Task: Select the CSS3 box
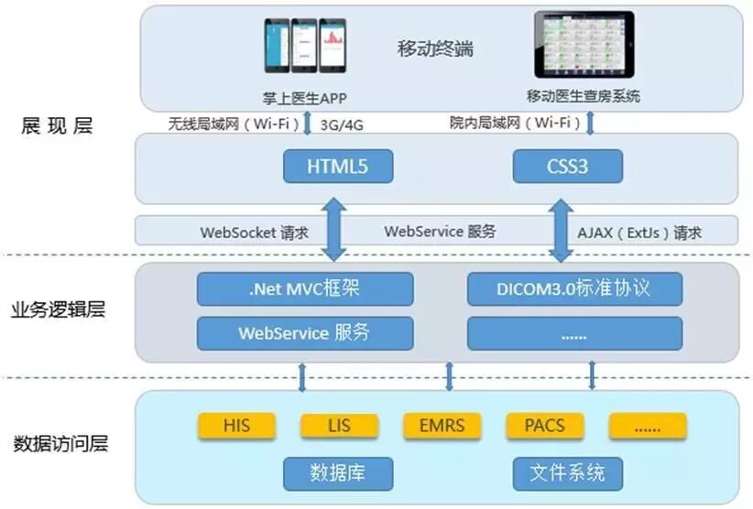tap(567, 168)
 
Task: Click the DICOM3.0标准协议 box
tap(574, 288)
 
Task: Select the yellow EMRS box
tap(442, 426)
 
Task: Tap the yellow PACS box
tap(544, 426)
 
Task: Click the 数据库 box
tap(338, 473)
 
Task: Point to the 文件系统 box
tap(567, 473)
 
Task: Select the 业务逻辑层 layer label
tap(61, 309)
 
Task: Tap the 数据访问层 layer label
tap(61, 445)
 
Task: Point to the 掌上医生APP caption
tap(305, 98)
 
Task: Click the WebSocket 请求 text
tap(252, 232)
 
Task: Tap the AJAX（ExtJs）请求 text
tap(641, 232)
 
